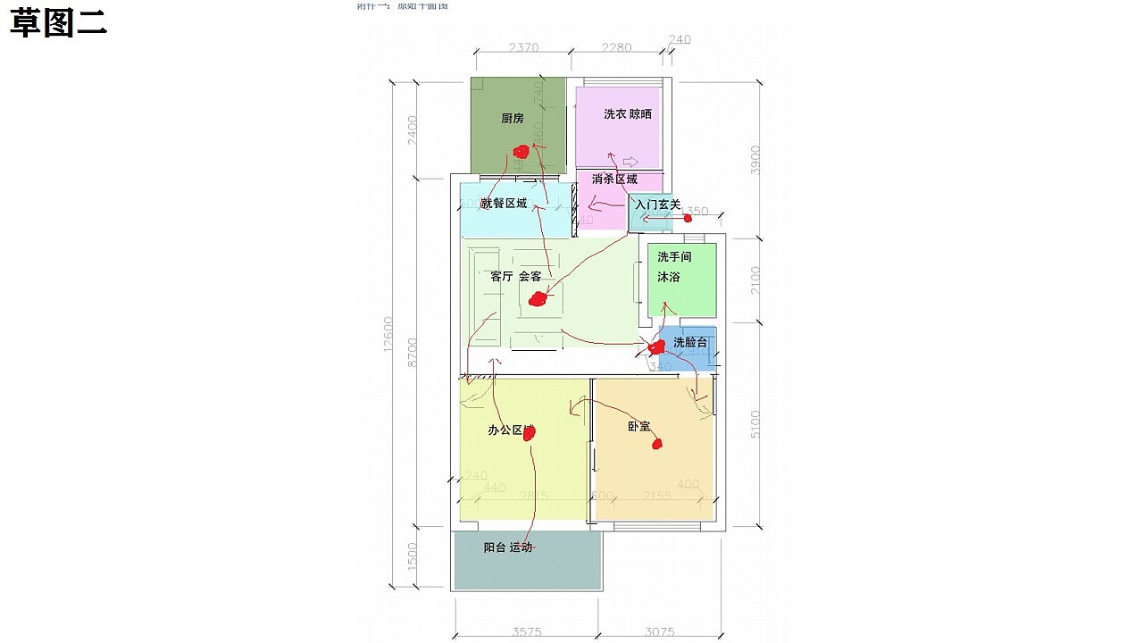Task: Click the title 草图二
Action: tap(59, 24)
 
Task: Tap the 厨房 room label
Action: tap(513, 118)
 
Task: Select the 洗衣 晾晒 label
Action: tap(627, 114)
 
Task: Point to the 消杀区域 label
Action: tap(614, 179)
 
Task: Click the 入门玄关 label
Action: tap(658, 205)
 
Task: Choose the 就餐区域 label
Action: tap(504, 204)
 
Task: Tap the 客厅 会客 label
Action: tap(515, 277)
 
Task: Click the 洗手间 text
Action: tap(674, 256)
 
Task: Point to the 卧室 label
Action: tap(638, 427)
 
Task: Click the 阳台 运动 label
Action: tap(507, 547)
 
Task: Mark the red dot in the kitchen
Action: tap(520, 152)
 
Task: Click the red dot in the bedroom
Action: tap(657, 443)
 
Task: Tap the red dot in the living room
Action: tap(536, 299)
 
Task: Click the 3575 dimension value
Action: tap(527, 632)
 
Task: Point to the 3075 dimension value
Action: tap(659, 632)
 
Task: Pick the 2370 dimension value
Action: tap(524, 47)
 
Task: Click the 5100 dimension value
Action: tap(755, 424)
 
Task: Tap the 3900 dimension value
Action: tap(755, 159)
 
